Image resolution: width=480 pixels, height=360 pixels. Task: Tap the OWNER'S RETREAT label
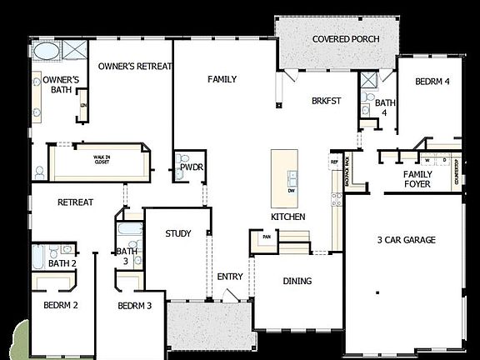pyautogui.click(x=135, y=66)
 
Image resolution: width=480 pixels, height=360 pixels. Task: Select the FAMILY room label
pyautogui.click(x=222, y=79)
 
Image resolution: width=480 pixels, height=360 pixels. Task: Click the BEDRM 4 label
pyautogui.click(x=432, y=82)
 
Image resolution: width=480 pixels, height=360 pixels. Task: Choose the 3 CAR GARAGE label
pyautogui.click(x=406, y=240)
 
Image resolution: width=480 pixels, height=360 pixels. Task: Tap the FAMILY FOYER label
pyautogui.click(x=417, y=178)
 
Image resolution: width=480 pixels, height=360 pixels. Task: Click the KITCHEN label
pyautogui.click(x=287, y=217)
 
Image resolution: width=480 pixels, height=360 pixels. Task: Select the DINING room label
pyautogui.click(x=297, y=281)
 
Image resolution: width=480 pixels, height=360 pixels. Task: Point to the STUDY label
pyautogui.click(x=179, y=233)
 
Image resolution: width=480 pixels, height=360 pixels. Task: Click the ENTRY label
pyautogui.click(x=229, y=277)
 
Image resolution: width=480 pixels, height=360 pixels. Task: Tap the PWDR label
pyautogui.click(x=192, y=167)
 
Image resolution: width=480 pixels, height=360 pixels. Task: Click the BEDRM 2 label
pyautogui.click(x=61, y=305)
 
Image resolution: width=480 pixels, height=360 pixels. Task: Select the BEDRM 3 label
pyautogui.click(x=134, y=306)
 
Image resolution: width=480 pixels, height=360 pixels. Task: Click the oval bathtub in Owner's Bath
pyautogui.click(x=46, y=50)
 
